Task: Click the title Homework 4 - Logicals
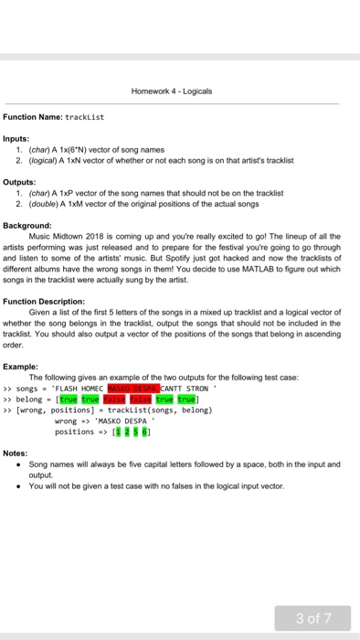pyautogui.click(x=179, y=91)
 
